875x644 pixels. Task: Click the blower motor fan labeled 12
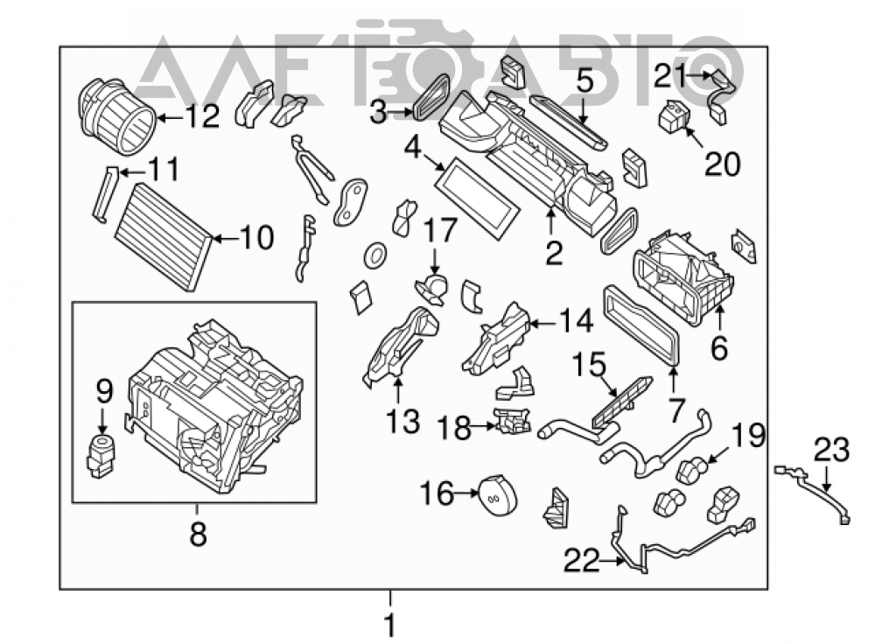(x=116, y=117)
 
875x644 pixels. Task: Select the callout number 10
(x=256, y=238)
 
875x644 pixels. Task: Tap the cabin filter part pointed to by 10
(x=163, y=235)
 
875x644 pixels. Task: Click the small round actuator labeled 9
(x=101, y=456)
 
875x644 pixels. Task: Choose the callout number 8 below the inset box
(x=198, y=534)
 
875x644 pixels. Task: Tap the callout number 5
(x=584, y=81)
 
